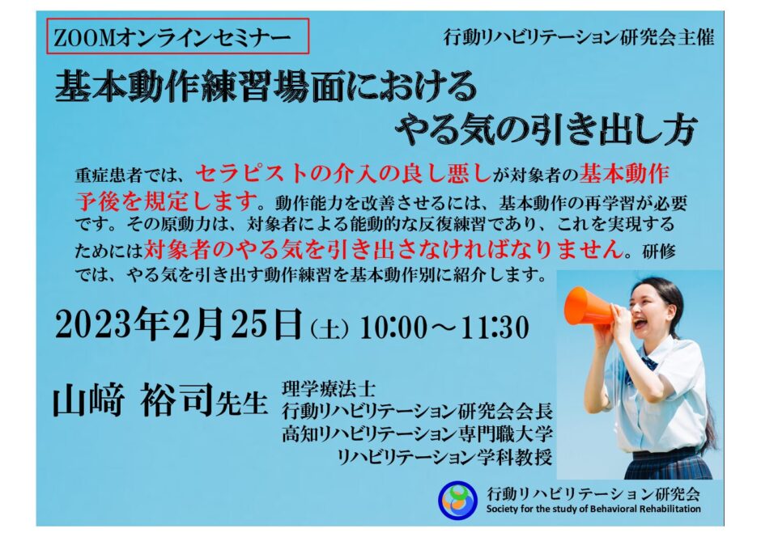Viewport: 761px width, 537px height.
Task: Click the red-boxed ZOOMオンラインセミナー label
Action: tap(177, 36)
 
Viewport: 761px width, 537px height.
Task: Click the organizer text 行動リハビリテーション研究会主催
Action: tap(579, 37)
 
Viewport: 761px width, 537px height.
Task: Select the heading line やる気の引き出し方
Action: tap(546, 129)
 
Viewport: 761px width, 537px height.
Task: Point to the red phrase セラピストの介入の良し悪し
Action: tap(343, 173)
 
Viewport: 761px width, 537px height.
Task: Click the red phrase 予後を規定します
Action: tap(167, 201)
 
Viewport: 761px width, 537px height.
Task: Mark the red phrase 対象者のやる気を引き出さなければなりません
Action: tap(384, 248)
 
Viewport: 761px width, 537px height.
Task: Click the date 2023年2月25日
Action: tap(179, 323)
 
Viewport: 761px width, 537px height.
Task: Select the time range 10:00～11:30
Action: tap(444, 328)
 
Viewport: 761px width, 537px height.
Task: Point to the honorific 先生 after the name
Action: tap(241, 402)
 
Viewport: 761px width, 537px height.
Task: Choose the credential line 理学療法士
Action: tap(329, 388)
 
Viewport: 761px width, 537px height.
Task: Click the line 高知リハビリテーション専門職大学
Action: tap(417, 433)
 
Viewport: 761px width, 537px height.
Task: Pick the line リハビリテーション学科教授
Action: tap(444, 457)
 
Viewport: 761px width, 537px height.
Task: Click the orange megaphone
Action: tap(589, 307)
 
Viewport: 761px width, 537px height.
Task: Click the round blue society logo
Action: tap(457, 500)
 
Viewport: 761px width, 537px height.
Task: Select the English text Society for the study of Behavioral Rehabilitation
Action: tap(593, 510)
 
